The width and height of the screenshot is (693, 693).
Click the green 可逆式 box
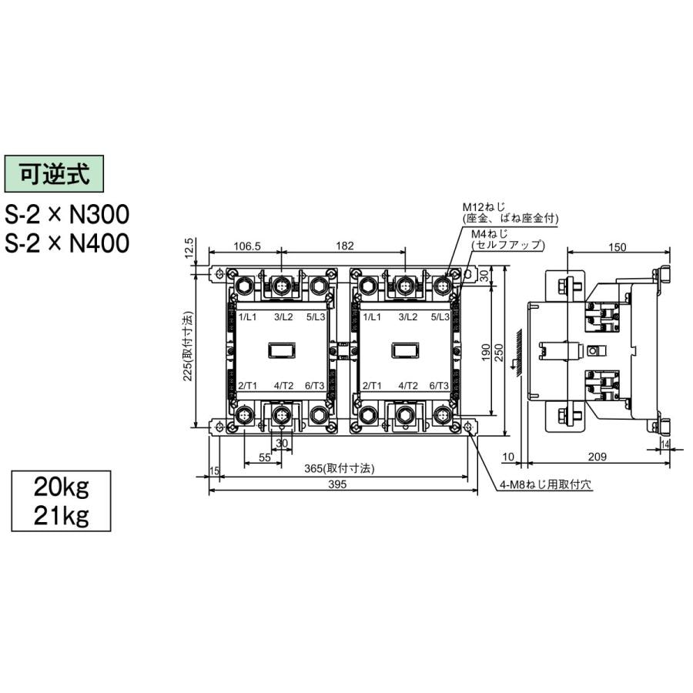pos(54,173)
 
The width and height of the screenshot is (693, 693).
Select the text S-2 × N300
pos(67,213)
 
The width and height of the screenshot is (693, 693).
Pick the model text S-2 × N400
pos(67,243)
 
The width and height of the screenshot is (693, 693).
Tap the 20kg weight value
pos(61,487)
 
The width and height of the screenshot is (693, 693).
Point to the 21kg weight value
pos(61,514)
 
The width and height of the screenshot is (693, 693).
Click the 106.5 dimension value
pos(247,246)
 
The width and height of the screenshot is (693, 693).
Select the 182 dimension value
pos(345,246)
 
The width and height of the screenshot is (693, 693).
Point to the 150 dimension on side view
pos(617,246)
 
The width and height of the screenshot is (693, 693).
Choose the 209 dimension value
pos(598,457)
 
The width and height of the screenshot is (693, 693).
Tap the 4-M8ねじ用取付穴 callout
pos(540,486)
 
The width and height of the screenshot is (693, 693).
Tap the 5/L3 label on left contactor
pos(316,317)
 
